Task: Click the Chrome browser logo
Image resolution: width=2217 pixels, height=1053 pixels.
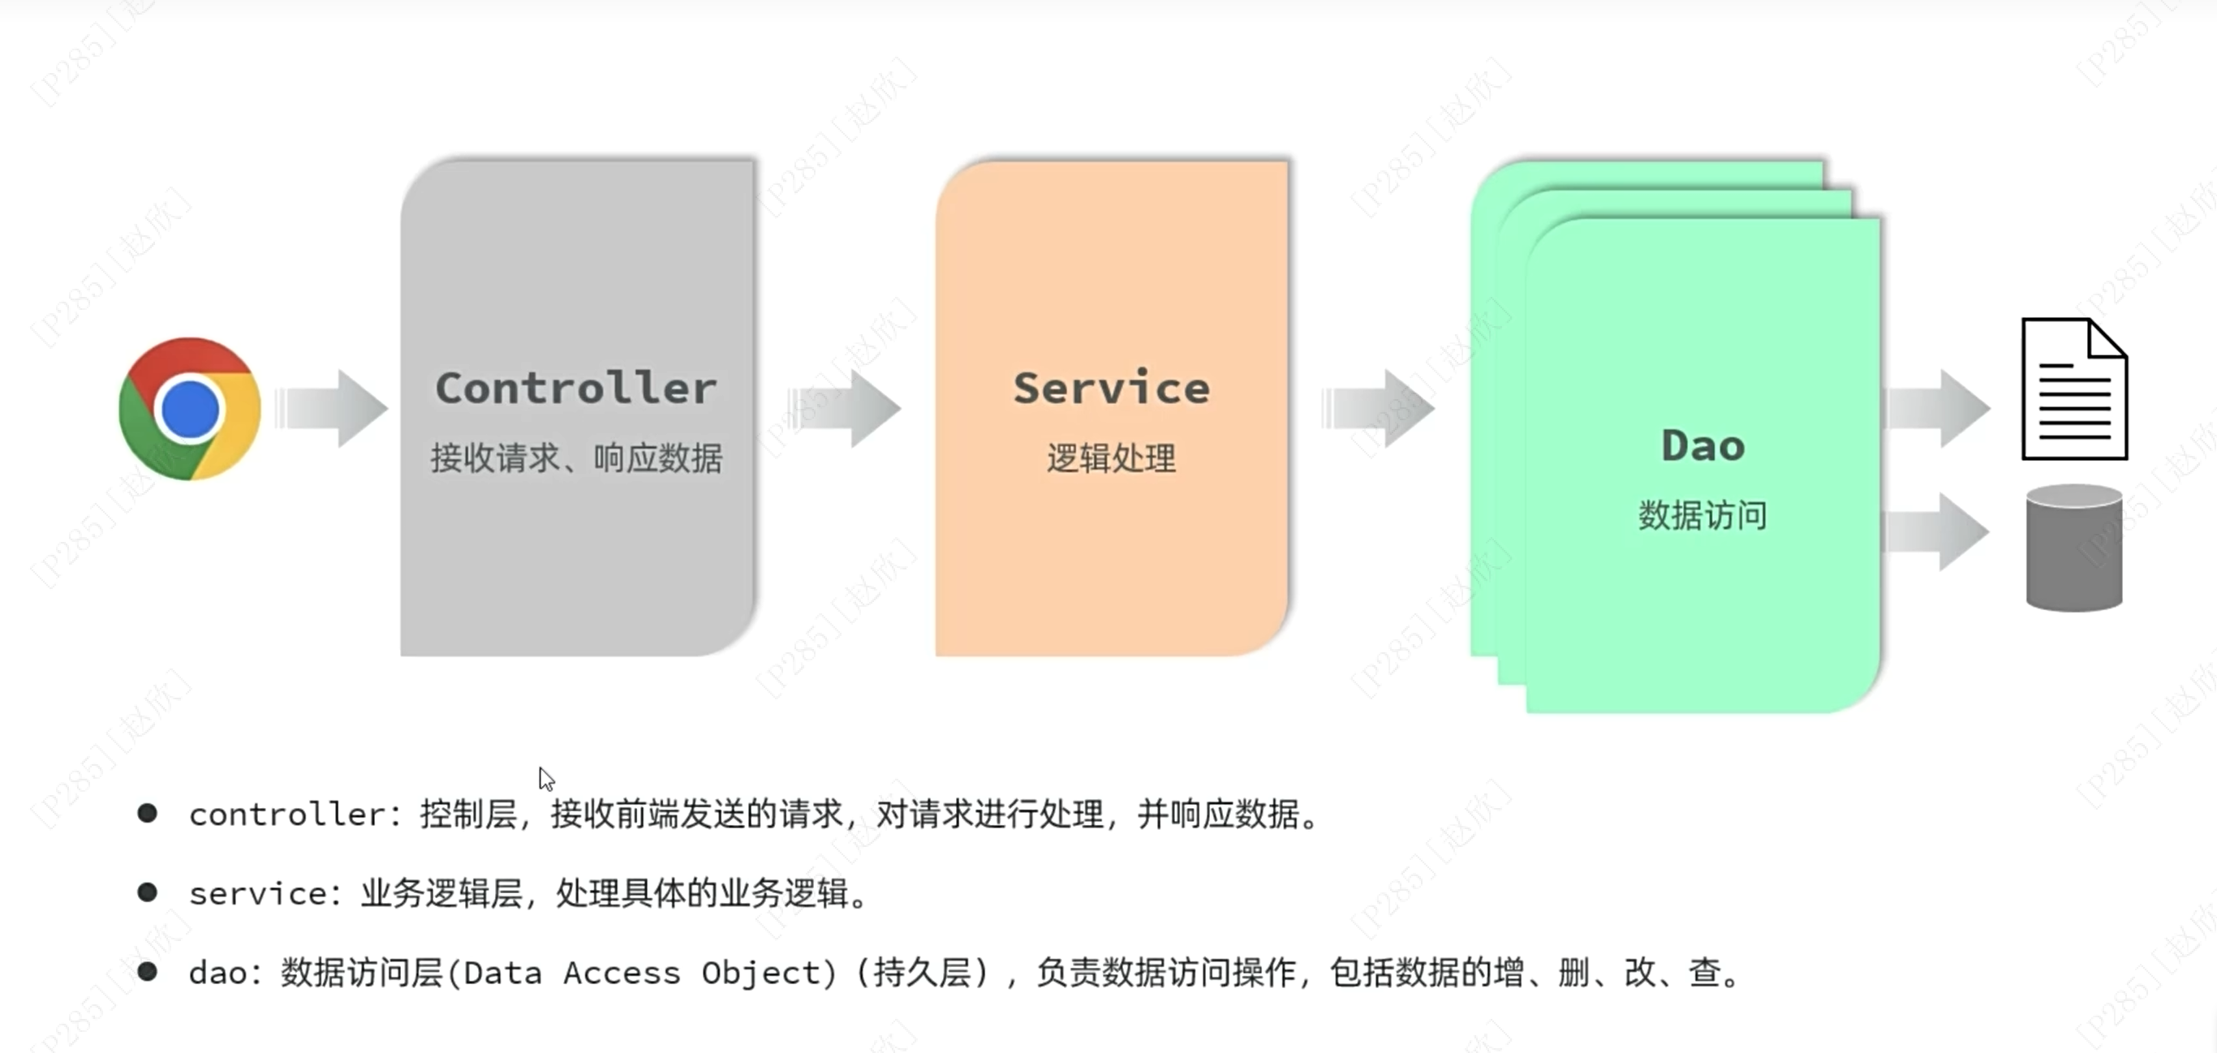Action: (190, 409)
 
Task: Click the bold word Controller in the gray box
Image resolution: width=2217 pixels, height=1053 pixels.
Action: (576, 388)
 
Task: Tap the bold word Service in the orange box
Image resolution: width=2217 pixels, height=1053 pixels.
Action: (1111, 388)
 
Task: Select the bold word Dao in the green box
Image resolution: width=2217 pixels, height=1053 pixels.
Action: (1703, 445)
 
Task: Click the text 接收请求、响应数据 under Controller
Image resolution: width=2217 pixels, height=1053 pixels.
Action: (576, 458)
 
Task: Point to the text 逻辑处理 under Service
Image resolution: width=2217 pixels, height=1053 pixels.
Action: (1111, 458)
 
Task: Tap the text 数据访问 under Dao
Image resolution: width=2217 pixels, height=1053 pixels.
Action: (1703, 515)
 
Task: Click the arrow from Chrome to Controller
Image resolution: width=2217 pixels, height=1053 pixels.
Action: (332, 409)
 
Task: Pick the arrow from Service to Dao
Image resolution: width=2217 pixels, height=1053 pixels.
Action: (1379, 409)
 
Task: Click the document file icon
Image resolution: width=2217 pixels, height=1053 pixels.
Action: (2074, 389)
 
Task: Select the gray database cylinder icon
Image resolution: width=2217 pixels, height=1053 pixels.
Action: (2074, 548)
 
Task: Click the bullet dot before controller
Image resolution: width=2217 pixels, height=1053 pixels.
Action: (147, 813)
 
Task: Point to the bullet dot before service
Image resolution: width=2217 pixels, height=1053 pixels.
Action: (147, 892)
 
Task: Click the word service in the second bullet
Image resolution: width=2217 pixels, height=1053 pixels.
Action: (257, 894)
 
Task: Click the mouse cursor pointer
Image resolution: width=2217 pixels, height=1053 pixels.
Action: (545, 779)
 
